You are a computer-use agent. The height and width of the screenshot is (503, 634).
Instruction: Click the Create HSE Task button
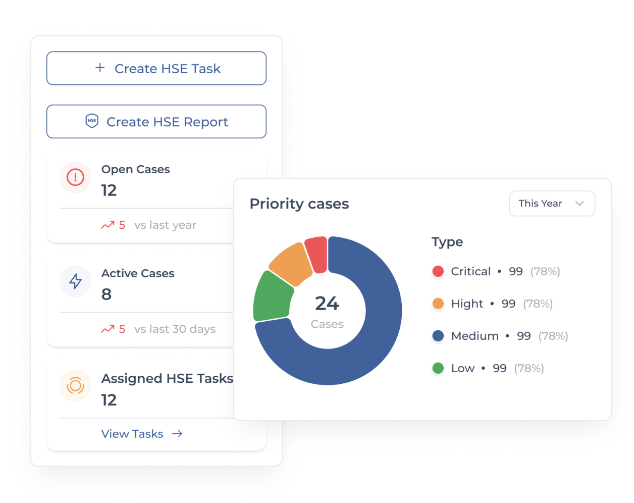click(x=156, y=68)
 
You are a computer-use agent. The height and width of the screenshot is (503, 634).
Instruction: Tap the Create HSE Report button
click(x=156, y=122)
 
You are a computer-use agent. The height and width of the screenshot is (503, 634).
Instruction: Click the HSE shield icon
click(x=92, y=121)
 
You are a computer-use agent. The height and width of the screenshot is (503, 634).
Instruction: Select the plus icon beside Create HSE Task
click(x=100, y=68)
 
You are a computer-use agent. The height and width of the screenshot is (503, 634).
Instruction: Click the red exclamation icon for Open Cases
click(x=75, y=177)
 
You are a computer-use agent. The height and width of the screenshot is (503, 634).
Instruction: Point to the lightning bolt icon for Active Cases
click(x=75, y=281)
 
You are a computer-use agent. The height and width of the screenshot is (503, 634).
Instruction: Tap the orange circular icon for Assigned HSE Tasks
click(x=75, y=385)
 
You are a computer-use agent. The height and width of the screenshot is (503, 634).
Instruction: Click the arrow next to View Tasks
click(x=177, y=434)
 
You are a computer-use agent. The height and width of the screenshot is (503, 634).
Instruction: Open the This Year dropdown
click(x=552, y=204)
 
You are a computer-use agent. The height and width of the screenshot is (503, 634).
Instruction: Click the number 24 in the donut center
click(x=327, y=304)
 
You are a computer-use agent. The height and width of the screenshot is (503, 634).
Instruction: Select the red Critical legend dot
click(x=438, y=271)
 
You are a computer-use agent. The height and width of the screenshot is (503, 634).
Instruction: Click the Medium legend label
click(x=475, y=336)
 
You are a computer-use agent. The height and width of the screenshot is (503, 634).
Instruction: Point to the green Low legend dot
click(x=438, y=368)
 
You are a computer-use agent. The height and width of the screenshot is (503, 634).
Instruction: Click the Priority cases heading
click(x=299, y=204)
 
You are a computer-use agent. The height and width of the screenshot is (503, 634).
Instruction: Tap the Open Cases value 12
click(x=109, y=190)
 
